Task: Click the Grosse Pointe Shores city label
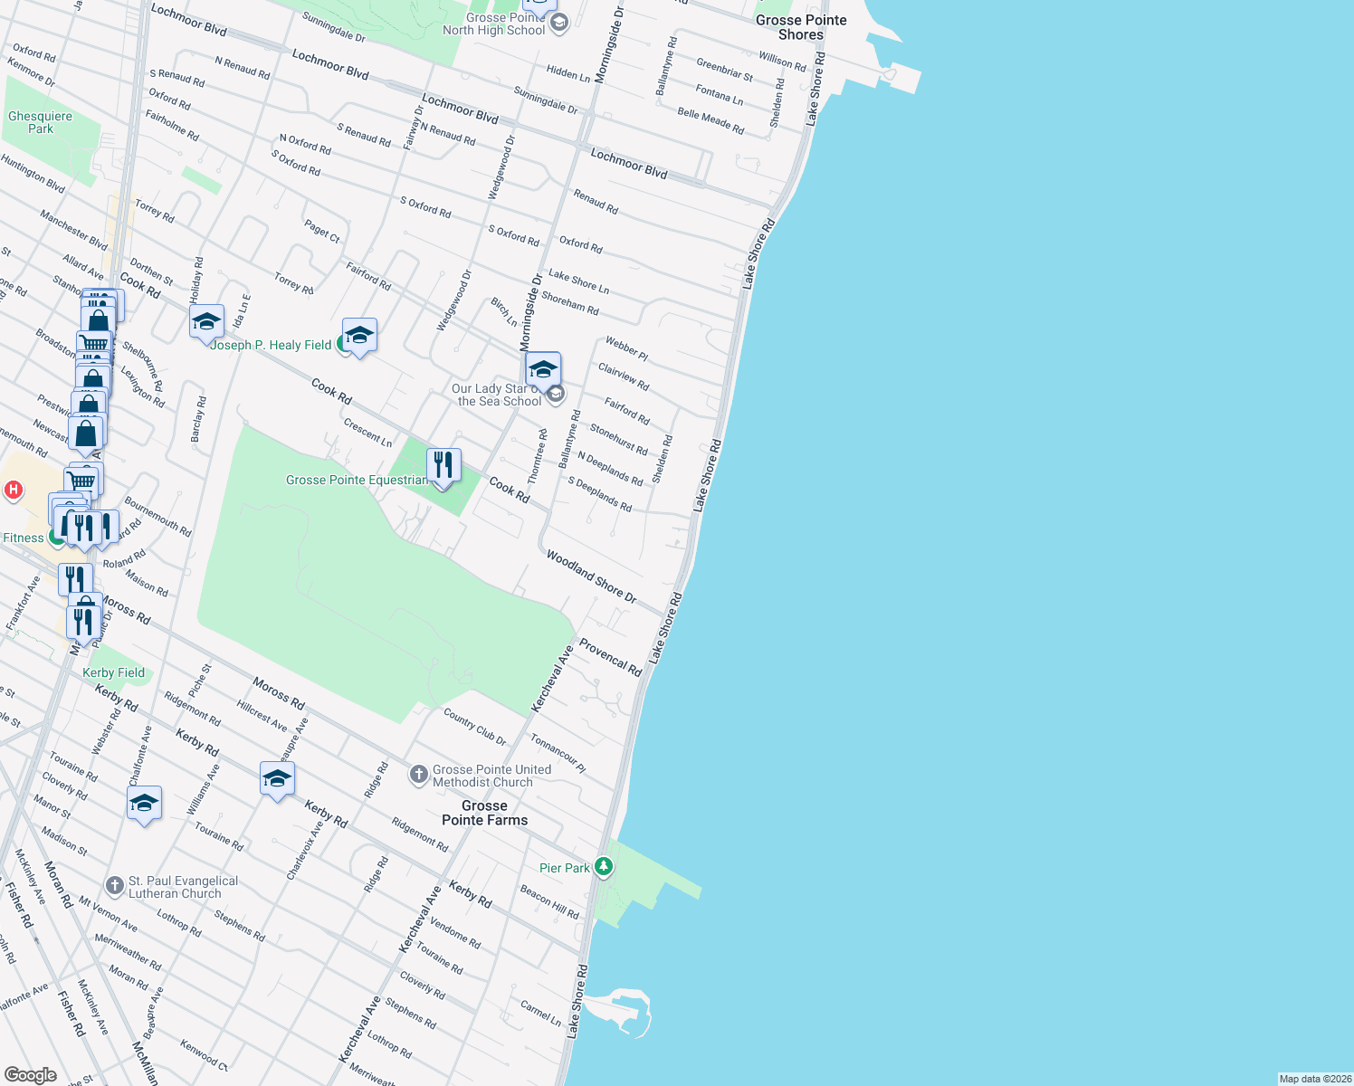pos(801,27)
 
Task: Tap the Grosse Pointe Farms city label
pos(484,813)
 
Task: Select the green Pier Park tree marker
pos(604,867)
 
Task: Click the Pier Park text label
pos(565,868)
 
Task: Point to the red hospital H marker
pos(13,491)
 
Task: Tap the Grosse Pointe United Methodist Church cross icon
pos(418,774)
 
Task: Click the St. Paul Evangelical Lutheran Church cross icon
pos(114,885)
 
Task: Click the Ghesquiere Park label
pos(40,122)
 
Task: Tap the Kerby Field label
pos(113,672)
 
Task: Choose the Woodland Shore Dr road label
pos(591,576)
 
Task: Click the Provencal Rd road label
pos(610,657)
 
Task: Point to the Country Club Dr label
pos(474,727)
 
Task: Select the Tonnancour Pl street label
pos(558,753)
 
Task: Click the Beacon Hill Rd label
pos(549,902)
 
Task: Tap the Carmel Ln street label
pos(540,1012)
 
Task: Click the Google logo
pos(30,1075)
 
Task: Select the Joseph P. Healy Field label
pos(271,345)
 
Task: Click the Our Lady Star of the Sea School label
pos(497,395)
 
